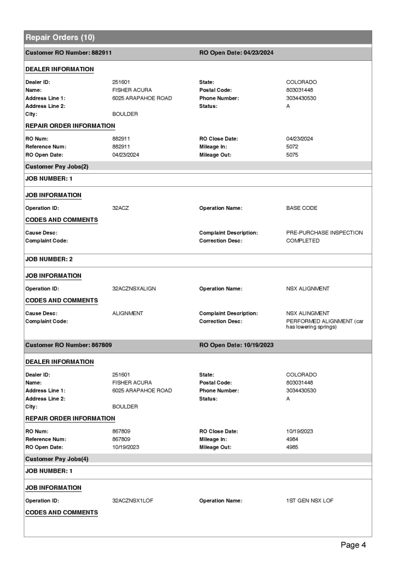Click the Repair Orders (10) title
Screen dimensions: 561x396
click(60, 37)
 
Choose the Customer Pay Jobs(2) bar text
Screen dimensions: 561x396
click(56, 165)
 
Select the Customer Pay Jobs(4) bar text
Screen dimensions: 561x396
click(56, 457)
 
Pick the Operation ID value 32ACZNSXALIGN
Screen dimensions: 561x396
click(134, 288)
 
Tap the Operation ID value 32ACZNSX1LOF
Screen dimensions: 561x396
click(132, 500)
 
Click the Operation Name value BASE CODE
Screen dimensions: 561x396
click(302, 208)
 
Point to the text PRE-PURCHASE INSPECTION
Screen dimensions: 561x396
click(324, 233)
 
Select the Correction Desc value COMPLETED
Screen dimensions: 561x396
click(303, 241)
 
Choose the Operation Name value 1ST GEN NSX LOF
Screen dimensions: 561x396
click(309, 500)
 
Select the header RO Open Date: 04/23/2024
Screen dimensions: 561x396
click(236, 53)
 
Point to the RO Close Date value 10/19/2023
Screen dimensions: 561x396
click(299, 431)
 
